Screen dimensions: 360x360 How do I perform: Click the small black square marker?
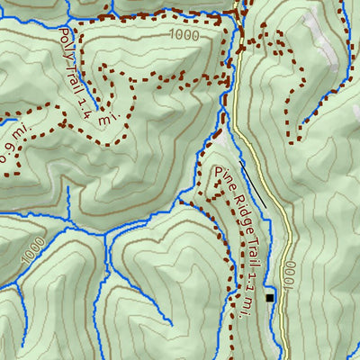pyautogui.click(x=268, y=297)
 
